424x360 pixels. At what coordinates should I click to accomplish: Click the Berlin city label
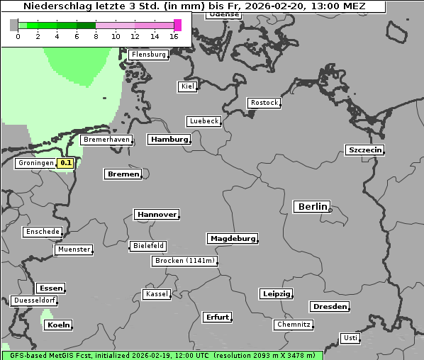pyautogui.click(x=312, y=207)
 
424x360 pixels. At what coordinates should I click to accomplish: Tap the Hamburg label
pyautogui.click(x=169, y=140)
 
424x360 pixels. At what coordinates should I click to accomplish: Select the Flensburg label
pyautogui.click(x=148, y=55)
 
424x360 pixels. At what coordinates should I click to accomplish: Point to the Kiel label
pyautogui.click(x=187, y=86)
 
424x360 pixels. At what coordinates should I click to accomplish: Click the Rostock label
pyautogui.click(x=264, y=103)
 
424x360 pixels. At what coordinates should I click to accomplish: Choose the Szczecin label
pyautogui.click(x=364, y=150)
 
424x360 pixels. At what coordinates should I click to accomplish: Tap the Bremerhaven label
pyautogui.click(x=106, y=140)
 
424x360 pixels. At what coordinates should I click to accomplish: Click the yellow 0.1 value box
pyautogui.click(x=66, y=163)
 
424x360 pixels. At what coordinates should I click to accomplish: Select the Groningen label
pyautogui.click(x=36, y=163)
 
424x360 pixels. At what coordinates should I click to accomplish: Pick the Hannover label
pyautogui.click(x=157, y=214)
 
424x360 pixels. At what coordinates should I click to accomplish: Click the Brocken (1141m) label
pyautogui.click(x=184, y=261)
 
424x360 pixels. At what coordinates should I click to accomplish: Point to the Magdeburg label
pyautogui.click(x=233, y=238)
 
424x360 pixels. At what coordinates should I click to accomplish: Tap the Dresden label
pyautogui.click(x=329, y=307)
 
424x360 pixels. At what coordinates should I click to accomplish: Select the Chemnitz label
pyautogui.click(x=294, y=325)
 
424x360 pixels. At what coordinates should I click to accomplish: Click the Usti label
pyautogui.click(x=350, y=338)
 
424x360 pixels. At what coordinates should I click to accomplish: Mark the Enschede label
pyautogui.click(x=42, y=232)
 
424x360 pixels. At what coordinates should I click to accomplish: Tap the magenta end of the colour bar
pyautogui.click(x=177, y=25)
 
